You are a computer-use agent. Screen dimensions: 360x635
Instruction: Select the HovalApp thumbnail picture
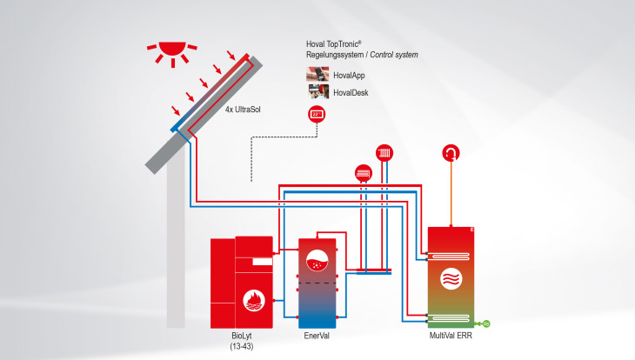pyautogui.click(x=317, y=74)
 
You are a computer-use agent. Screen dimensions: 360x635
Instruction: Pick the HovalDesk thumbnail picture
pyautogui.click(x=317, y=90)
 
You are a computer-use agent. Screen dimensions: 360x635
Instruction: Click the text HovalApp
pyautogui.click(x=350, y=75)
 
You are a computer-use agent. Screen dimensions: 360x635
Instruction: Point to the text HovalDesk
pyautogui.click(x=351, y=91)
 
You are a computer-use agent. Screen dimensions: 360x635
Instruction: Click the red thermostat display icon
pyautogui.click(x=317, y=114)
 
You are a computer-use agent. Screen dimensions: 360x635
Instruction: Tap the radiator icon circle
pyautogui.click(x=384, y=153)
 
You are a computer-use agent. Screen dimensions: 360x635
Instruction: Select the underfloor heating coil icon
pyautogui.click(x=364, y=173)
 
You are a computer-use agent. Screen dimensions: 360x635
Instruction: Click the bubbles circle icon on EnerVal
pyautogui.click(x=318, y=257)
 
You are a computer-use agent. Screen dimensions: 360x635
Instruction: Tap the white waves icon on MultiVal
pyautogui.click(x=452, y=280)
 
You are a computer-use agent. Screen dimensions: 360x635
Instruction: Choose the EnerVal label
pyautogui.click(x=317, y=335)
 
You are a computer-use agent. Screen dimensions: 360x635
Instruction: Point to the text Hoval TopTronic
pyautogui.click(x=338, y=43)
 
